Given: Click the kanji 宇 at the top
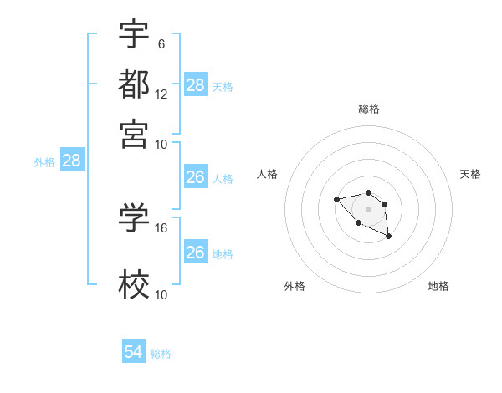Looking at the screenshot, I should pyautogui.click(x=134, y=34).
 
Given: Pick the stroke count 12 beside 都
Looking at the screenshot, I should pyautogui.click(x=161, y=94).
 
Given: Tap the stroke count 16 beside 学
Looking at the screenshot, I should pyautogui.click(x=161, y=227).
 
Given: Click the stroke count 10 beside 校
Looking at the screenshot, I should pyautogui.click(x=161, y=294).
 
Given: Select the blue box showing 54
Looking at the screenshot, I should pyautogui.click(x=134, y=353).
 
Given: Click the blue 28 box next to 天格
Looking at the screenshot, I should pyautogui.click(x=196, y=85).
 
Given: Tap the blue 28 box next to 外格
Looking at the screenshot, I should pyautogui.click(x=71, y=161).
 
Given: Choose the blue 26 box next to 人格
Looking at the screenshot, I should pyautogui.click(x=195, y=177).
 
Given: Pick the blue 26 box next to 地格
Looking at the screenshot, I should pyautogui.click(x=195, y=253).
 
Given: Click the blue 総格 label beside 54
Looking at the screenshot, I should pyautogui.click(x=161, y=354).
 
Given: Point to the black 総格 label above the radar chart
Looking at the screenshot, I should pyautogui.click(x=368, y=109).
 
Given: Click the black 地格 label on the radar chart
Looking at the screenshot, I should pyautogui.click(x=438, y=286).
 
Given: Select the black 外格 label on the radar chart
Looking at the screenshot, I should pyautogui.click(x=295, y=286).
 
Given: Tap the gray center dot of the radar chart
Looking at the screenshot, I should pyautogui.click(x=368, y=208).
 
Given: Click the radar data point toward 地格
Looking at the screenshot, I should pyautogui.click(x=389, y=237).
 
